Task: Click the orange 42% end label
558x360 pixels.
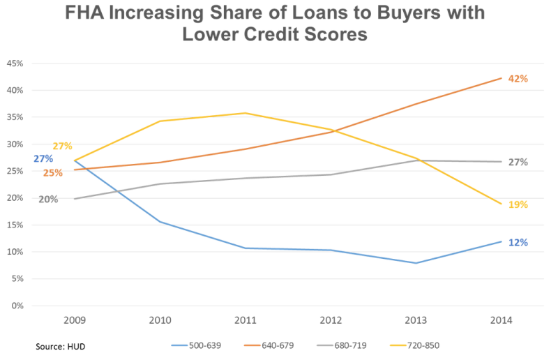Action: click(518, 79)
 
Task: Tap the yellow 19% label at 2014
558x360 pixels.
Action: click(518, 204)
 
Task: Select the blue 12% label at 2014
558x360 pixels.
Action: click(518, 243)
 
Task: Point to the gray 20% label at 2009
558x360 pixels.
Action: click(48, 200)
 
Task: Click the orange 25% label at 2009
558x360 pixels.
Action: click(53, 173)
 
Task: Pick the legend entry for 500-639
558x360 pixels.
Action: click(196, 345)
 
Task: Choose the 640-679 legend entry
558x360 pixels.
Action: click(269, 345)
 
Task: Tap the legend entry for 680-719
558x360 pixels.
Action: click(342, 345)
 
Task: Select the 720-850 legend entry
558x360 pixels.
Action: click(414, 345)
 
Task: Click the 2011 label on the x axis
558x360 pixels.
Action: click(246, 320)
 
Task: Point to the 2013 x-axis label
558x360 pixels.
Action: click(416, 320)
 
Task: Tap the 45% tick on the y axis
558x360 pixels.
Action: click(15, 63)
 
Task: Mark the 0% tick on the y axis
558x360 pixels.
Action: click(17, 306)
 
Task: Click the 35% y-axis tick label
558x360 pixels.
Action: click(15, 117)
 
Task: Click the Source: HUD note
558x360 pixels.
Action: click(61, 347)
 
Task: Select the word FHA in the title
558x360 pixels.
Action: click(84, 13)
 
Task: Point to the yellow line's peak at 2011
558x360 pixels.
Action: click(246, 113)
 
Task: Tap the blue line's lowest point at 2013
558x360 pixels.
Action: click(416, 263)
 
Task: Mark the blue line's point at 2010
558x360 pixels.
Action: click(160, 222)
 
